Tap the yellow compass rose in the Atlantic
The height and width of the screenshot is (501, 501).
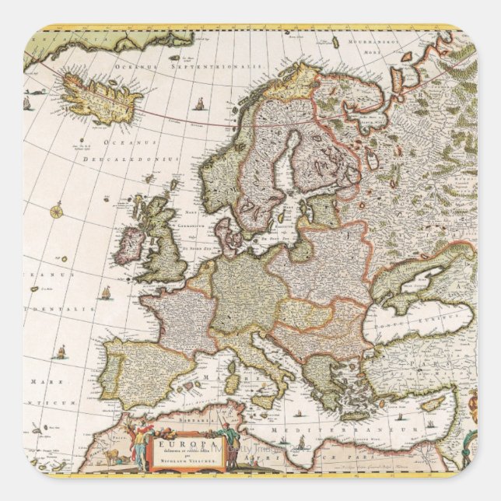(57, 209)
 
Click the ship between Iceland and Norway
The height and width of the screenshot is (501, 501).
(201, 104)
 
